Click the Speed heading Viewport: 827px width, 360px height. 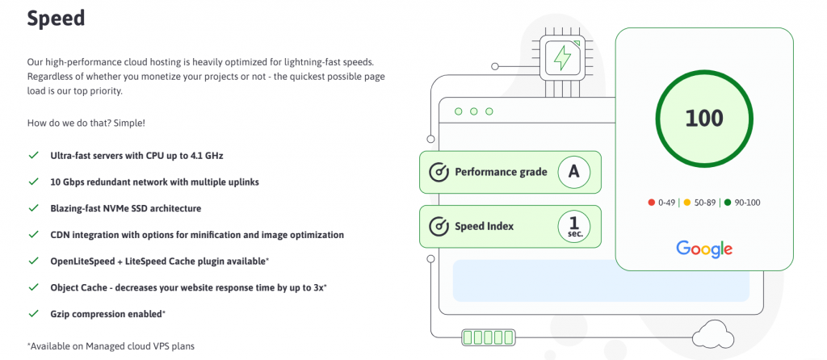pyautogui.click(x=56, y=19)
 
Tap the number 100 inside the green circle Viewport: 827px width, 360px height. pyautogui.click(x=703, y=118)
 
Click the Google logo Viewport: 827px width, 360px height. pyautogui.click(x=704, y=249)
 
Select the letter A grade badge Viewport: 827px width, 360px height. pyautogui.click(x=573, y=171)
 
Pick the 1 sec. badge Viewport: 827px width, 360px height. pyautogui.click(x=573, y=225)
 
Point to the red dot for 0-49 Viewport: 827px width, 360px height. pyautogui.click(x=651, y=203)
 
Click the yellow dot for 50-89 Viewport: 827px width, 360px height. pyautogui.click(x=687, y=203)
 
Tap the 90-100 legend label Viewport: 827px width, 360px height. pyautogui.click(x=746, y=203)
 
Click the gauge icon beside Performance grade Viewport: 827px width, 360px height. pyautogui.click(x=439, y=172)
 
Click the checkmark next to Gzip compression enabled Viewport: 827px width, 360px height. pyautogui.click(x=33, y=313)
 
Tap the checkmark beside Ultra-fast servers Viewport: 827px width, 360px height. pyautogui.click(x=33, y=155)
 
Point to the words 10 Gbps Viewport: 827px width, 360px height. pyautogui.click(x=69, y=182)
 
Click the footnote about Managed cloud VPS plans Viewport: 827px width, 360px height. pyautogui.click(x=111, y=345)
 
